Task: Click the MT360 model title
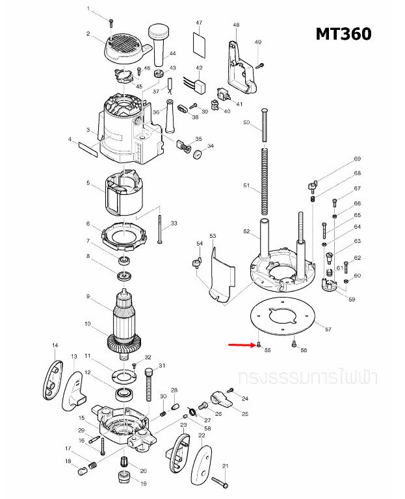[343, 34]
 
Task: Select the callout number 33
[174, 224]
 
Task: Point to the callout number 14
[55, 345]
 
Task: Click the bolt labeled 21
[220, 482]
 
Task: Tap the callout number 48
[236, 25]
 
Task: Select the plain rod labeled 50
[265, 127]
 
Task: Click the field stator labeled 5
[124, 193]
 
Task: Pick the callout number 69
[358, 159]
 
